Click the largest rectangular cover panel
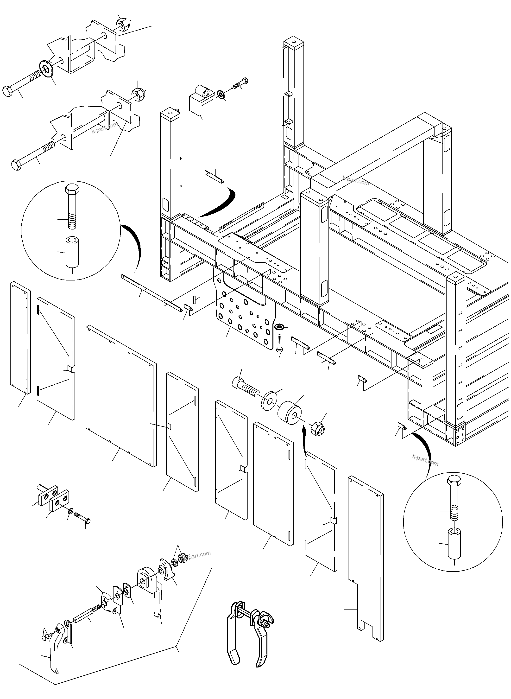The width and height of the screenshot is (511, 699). click(x=121, y=396)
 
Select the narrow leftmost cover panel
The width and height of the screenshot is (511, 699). click(x=20, y=337)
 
